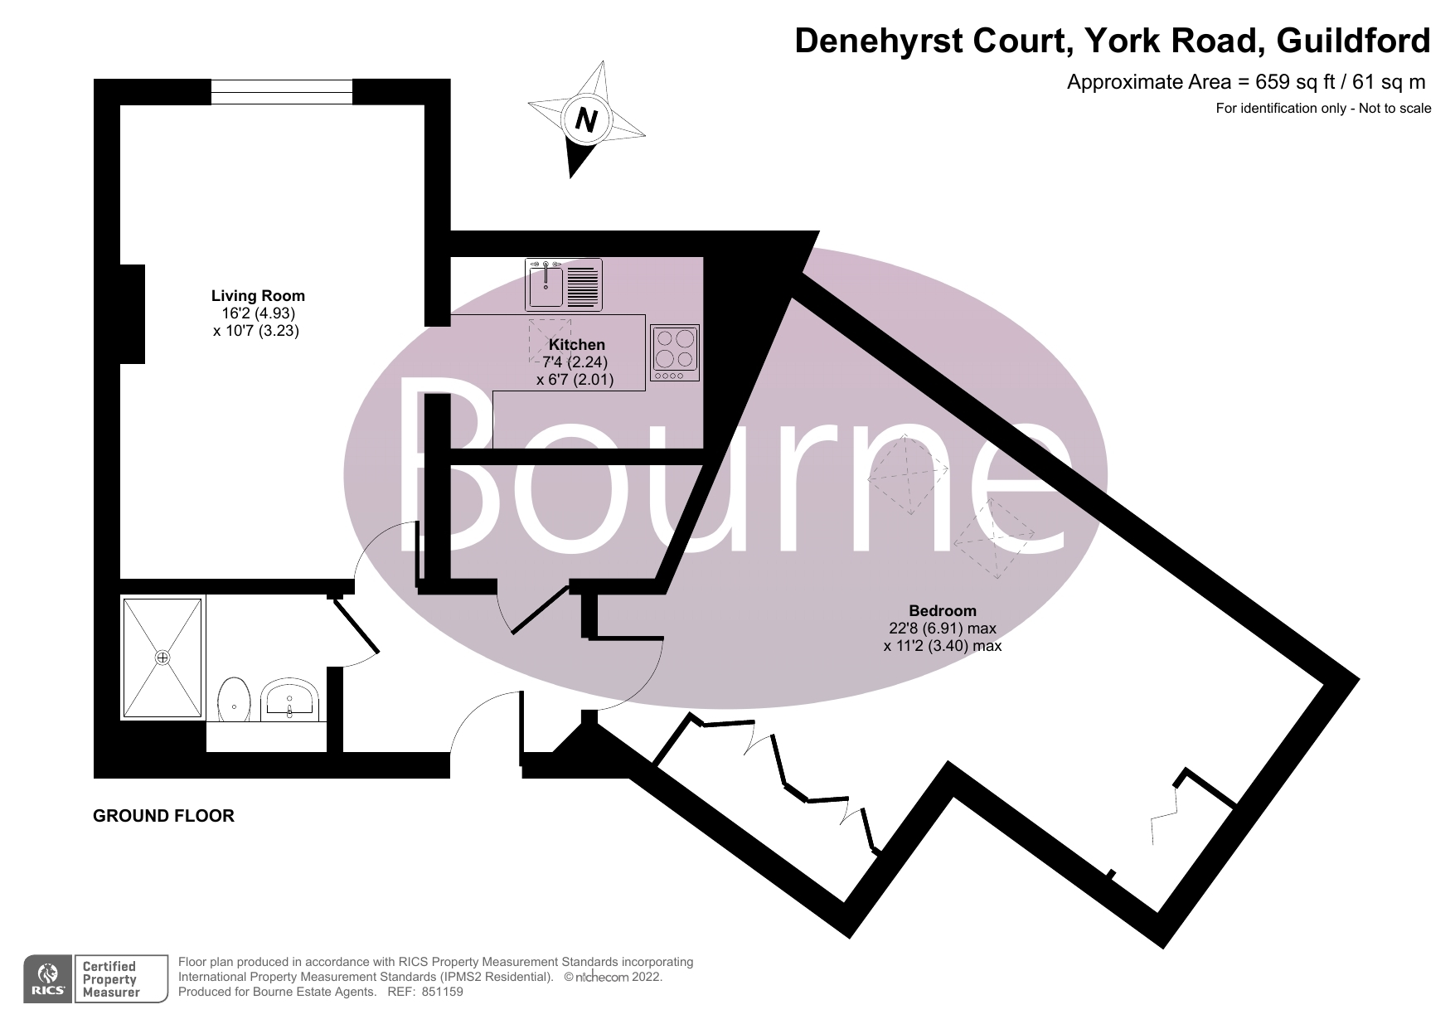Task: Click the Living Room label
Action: pos(258,295)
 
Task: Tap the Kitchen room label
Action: pos(577,344)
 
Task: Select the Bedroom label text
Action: pos(943,611)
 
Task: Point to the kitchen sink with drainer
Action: pos(564,285)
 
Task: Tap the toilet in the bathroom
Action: pos(235,701)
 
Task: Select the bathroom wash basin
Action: pos(289,700)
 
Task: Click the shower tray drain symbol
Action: pos(162,658)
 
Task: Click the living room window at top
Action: pos(282,91)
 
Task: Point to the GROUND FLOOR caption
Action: pos(163,816)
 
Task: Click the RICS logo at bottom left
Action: pos(48,979)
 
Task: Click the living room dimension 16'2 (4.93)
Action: pos(258,313)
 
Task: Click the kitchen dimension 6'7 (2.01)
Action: pos(575,379)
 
